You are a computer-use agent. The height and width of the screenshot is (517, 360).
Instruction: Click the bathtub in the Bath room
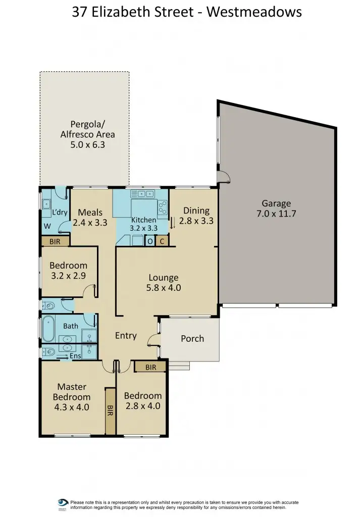49,329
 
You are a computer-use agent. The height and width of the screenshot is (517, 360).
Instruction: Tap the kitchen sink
146,193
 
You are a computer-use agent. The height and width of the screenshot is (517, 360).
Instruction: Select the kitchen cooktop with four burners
163,206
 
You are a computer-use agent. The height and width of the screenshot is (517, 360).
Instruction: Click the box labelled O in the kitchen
150,241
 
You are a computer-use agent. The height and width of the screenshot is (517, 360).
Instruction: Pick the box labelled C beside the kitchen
162,241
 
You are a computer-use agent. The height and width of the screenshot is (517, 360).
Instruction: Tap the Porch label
192,338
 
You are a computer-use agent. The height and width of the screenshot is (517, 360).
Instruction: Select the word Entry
126,335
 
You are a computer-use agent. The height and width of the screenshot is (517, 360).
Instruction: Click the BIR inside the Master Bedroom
110,410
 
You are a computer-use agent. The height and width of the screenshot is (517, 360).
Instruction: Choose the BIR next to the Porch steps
150,367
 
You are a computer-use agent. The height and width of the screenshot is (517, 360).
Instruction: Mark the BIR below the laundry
55,242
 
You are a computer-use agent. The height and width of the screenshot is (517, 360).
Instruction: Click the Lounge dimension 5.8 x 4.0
164,288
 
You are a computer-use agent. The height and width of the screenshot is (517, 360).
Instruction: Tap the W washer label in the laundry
47,227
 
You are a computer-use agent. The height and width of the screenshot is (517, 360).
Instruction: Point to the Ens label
75,356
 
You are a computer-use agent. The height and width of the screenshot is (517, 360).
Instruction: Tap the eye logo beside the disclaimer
63,504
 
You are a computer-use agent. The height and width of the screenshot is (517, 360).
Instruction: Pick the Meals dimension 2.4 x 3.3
90,222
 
